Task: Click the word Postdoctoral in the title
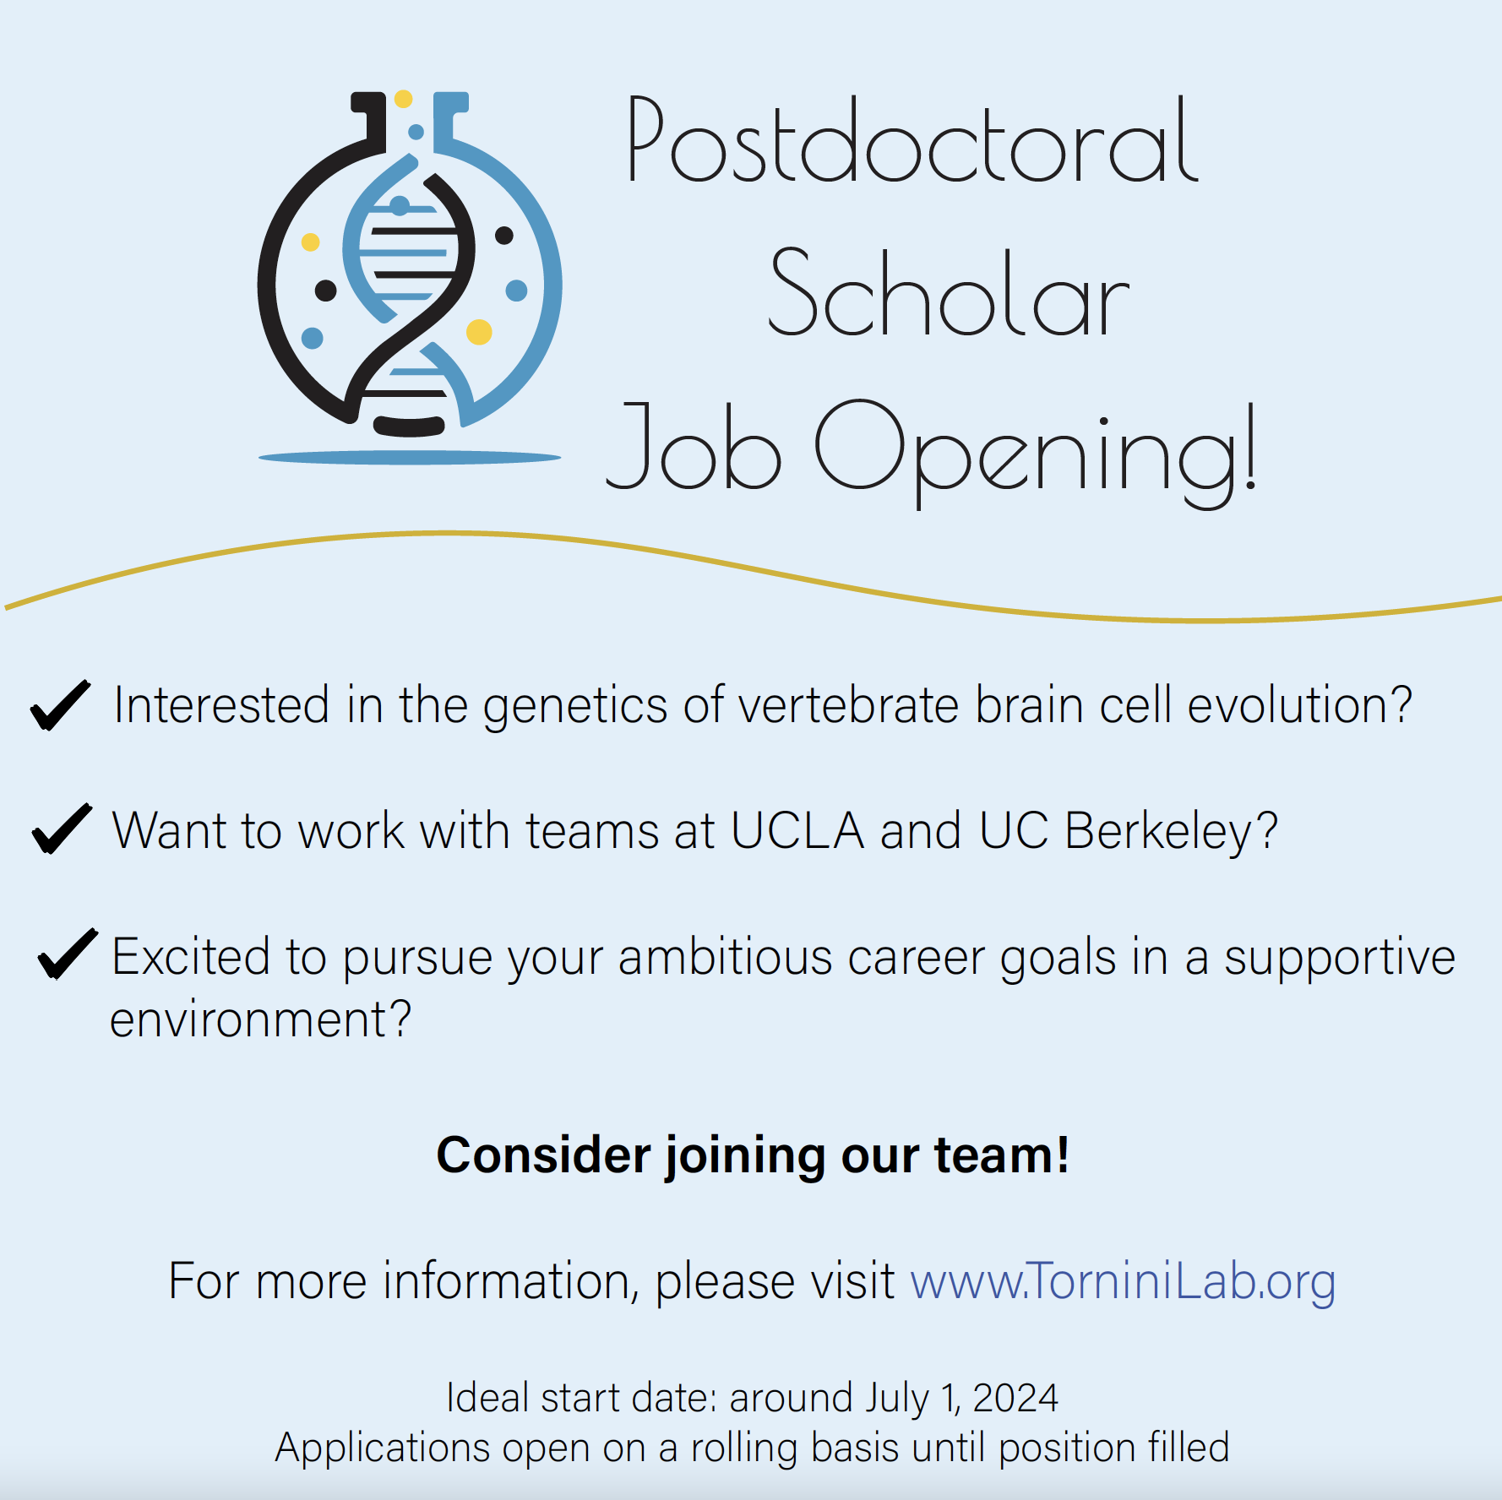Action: (x=912, y=142)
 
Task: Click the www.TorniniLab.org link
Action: (x=1123, y=1281)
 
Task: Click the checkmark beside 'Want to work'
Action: (x=62, y=829)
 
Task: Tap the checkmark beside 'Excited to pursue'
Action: (x=68, y=954)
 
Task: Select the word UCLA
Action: (x=797, y=830)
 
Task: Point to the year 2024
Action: (x=1015, y=1399)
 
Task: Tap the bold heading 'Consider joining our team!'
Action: (x=753, y=1155)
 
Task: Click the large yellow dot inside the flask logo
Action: (x=479, y=332)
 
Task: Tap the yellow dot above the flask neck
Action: (x=404, y=99)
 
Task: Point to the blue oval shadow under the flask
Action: (x=410, y=458)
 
